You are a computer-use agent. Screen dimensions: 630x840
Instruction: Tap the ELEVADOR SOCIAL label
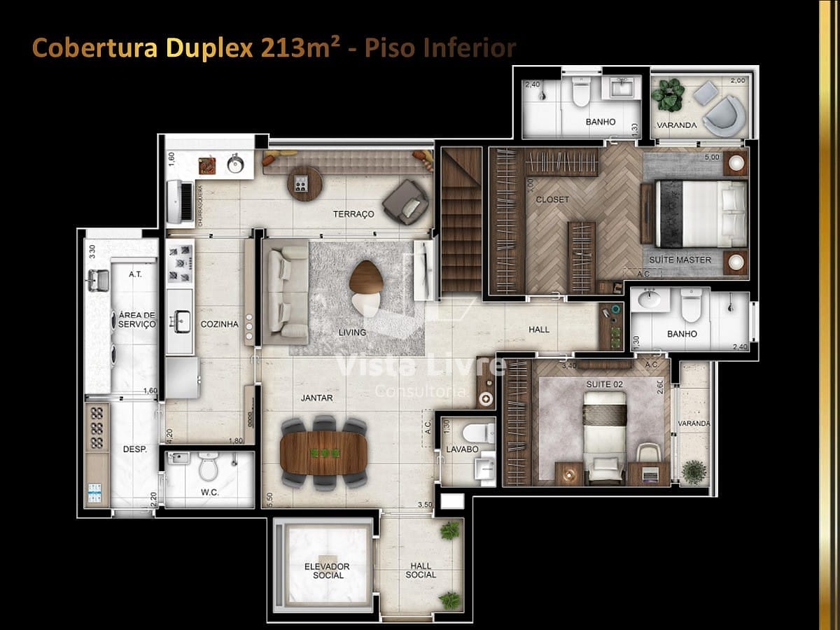click(328, 570)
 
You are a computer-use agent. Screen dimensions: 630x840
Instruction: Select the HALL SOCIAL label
click(420, 570)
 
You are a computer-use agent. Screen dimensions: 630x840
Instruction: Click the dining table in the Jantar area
click(323, 453)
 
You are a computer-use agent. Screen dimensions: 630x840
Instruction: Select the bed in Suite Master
click(700, 213)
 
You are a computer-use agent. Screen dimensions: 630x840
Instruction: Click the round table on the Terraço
click(304, 184)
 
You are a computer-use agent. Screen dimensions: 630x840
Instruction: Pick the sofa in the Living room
click(285, 292)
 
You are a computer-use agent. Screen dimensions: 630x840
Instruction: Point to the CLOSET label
click(552, 199)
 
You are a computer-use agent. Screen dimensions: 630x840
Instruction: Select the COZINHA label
click(219, 324)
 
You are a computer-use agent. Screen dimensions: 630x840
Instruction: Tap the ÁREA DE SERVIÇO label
click(136, 320)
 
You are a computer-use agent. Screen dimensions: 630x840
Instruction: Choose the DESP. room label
click(134, 449)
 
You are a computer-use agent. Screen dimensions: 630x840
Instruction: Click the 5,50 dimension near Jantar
click(270, 499)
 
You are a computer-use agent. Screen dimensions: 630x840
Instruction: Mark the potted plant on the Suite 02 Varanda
click(694, 471)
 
